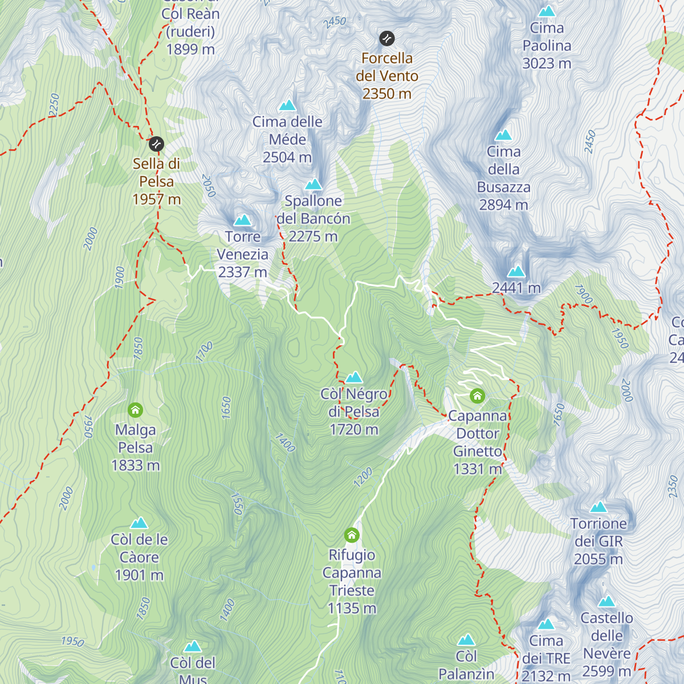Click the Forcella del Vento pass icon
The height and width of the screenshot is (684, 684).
[x=387, y=39]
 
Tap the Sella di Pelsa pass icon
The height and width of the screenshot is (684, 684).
[x=156, y=144]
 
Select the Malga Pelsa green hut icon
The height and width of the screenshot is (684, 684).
[x=135, y=410]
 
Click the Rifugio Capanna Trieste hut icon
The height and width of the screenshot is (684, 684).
[x=352, y=535]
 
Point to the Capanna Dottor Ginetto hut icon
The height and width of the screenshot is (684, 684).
[x=477, y=396]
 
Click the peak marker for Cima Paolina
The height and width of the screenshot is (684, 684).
[x=547, y=11]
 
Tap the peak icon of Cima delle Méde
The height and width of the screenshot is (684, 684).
[x=287, y=105]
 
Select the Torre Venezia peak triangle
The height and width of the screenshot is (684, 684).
[x=242, y=220]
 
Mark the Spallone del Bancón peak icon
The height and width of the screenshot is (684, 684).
[x=313, y=184]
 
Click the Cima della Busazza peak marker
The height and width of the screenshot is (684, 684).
[x=503, y=135]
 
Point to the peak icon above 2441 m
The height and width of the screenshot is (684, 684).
[x=516, y=271]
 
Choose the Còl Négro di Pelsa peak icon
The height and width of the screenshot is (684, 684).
[x=354, y=377]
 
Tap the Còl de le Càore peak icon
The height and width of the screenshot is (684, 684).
[x=139, y=523]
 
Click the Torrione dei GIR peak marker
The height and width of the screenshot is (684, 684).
[x=598, y=507]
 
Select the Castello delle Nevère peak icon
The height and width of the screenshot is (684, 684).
[x=606, y=601]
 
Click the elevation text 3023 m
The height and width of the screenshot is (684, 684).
[x=547, y=63]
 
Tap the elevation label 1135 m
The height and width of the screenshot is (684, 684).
[x=352, y=608]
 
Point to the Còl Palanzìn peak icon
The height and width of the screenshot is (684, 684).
[x=466, y=640]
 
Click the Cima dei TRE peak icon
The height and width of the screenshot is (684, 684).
[x=546, y=624]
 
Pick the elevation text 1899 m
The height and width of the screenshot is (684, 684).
[x=190, y=50]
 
